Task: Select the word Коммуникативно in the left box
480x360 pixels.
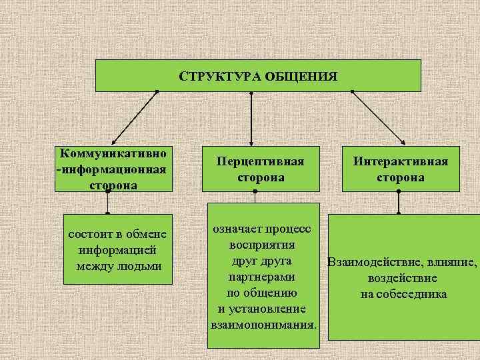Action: tap(113, 154)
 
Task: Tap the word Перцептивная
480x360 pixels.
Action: tap(260, 162)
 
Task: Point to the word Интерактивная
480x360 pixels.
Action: tap(400, 162)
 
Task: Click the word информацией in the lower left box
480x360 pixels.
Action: tap(117, 251)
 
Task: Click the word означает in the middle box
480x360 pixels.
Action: tap(242, 228)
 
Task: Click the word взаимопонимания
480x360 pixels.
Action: tap(263, 324)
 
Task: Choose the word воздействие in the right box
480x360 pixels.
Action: tap(402, 279)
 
